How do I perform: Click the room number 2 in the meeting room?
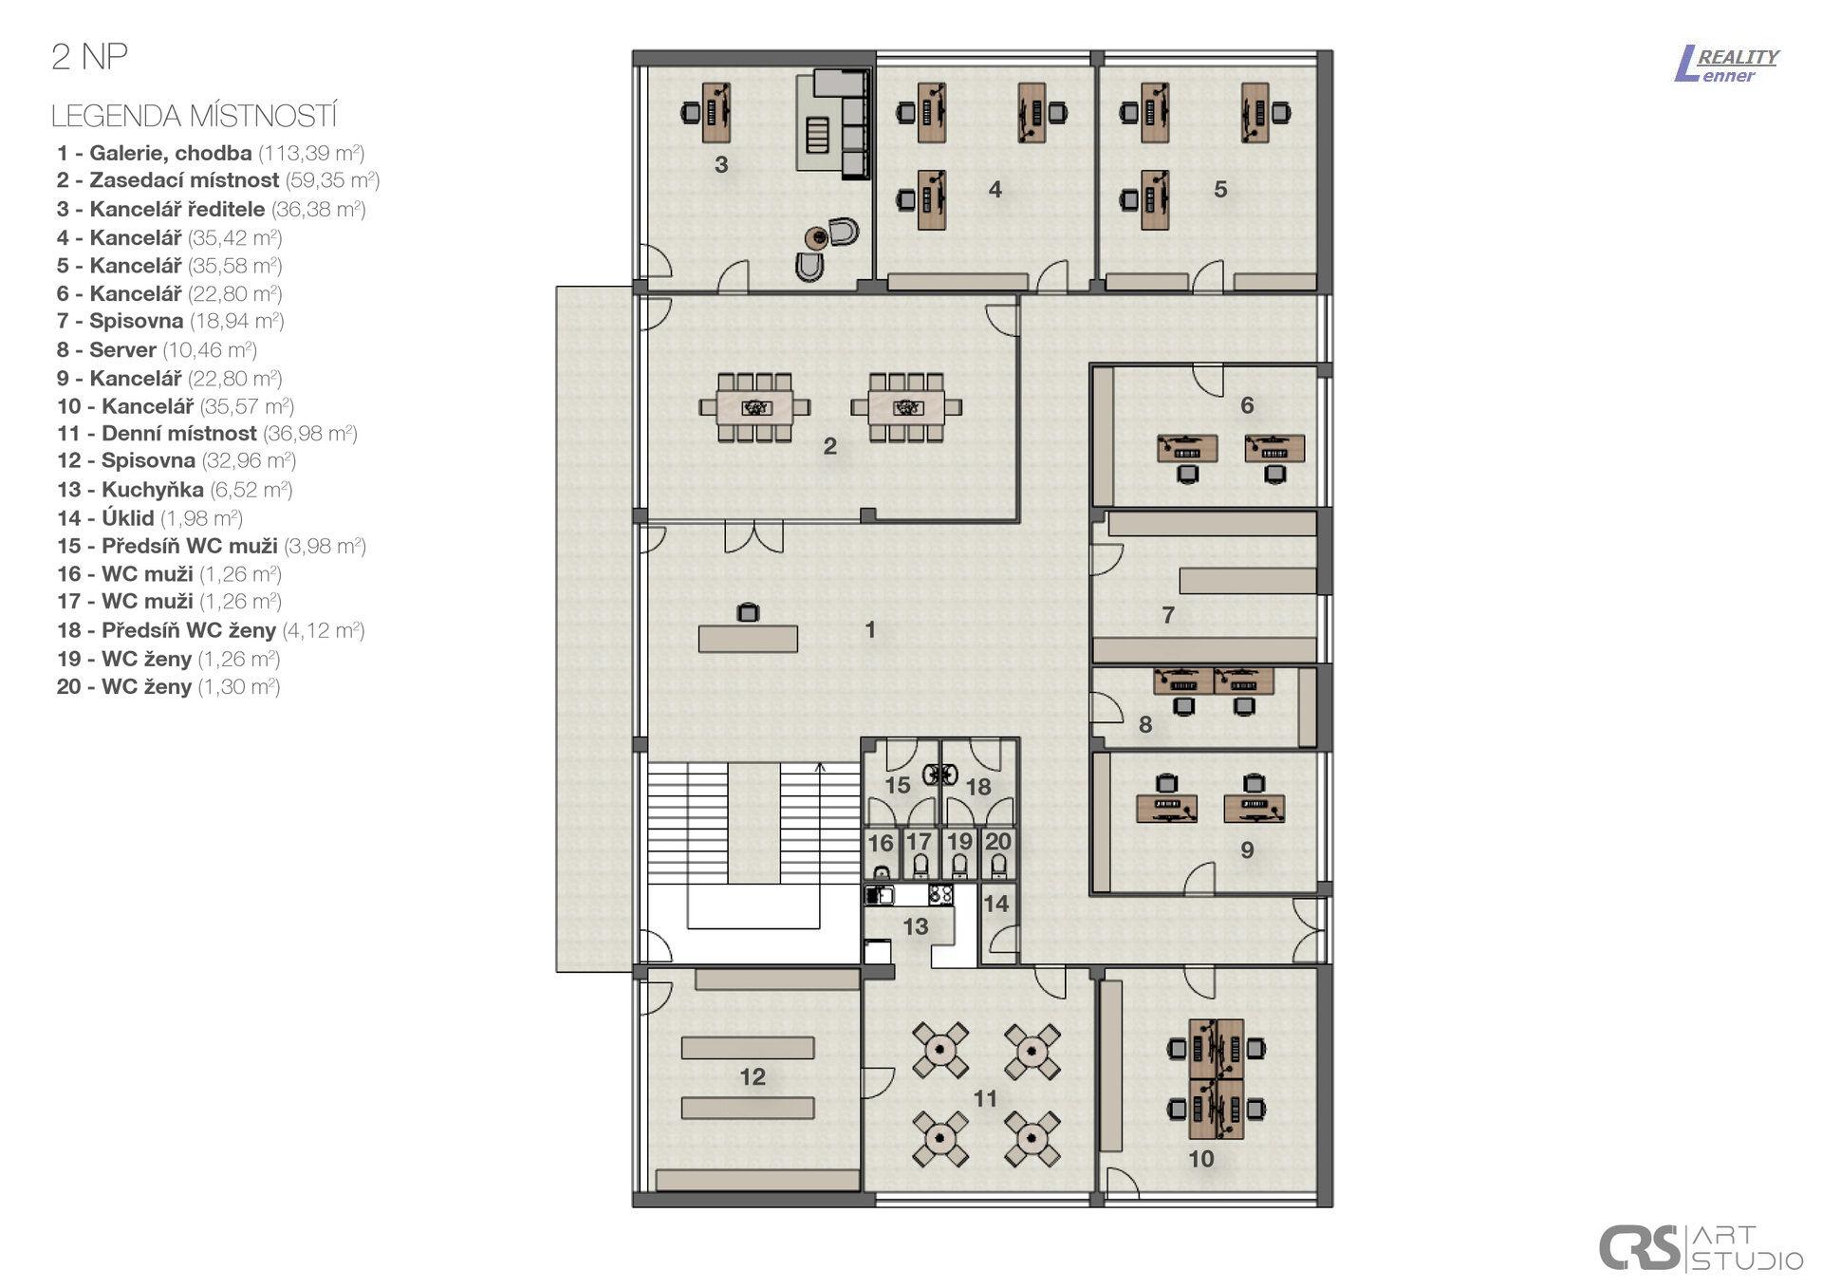(829, 446)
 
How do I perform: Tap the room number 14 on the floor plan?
(995, 903)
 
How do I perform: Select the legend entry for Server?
(157, 349)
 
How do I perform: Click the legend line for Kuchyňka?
(175, 490)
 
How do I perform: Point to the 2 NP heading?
(89, 58)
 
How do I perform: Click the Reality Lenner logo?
(1726, 65)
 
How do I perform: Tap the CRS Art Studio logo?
(1700, 1246)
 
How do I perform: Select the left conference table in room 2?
(755, 408)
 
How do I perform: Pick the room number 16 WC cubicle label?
(881, 843)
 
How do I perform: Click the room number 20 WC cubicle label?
(997, 841)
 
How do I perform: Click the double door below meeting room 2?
(753, 536)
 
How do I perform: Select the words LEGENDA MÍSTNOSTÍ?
(195, 116)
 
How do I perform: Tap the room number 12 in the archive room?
(753, 1076)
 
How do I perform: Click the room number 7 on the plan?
(1168, 615)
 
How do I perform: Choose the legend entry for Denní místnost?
(206, 434)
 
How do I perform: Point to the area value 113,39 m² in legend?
(311, 153)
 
